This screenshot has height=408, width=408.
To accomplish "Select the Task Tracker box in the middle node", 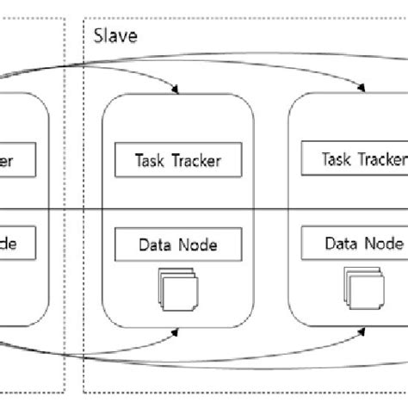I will (x=177, y=160).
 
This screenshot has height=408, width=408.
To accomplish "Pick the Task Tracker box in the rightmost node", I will (x=353, y=158).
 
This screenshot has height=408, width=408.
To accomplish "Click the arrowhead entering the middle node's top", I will (x=176, y=88).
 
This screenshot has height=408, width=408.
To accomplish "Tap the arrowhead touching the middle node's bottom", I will (x=176, y=331).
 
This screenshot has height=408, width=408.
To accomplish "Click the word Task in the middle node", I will (x=151, y=160).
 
